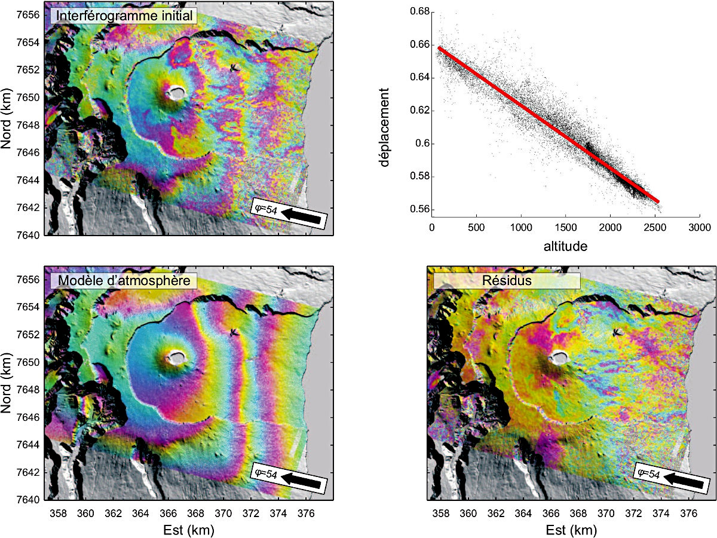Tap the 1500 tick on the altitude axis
[x=565, y=228]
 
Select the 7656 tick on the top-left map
[x=29, y=15]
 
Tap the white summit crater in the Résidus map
[x=559, y=358]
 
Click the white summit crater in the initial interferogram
[x=177, y=93]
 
